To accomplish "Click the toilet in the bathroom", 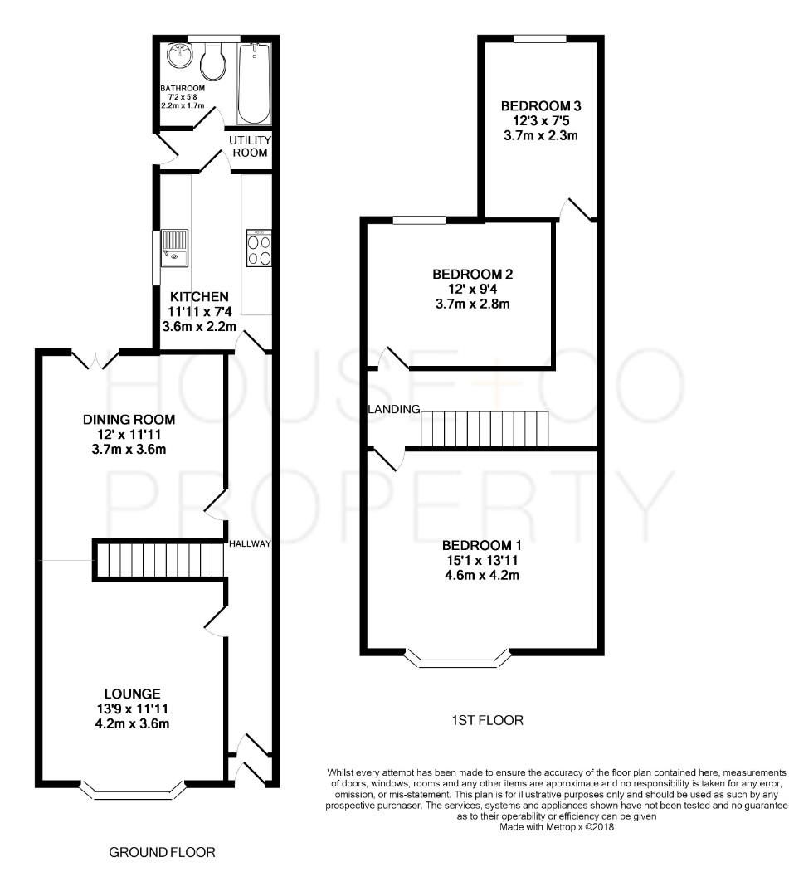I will click(212, 61).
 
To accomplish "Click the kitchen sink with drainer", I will click(175, 246).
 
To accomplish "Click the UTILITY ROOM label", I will click(250, 147).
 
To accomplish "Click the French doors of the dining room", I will click(97, 359).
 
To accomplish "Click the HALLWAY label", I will click(251, 544).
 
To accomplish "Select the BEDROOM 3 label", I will click(540, 106).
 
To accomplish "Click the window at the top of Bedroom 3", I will click(539, 38).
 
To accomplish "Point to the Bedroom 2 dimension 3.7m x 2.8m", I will click(471, 304).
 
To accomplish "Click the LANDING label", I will click(395, 409).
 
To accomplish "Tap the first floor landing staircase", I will click(486, 429).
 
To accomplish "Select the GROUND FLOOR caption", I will click(163, 852).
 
